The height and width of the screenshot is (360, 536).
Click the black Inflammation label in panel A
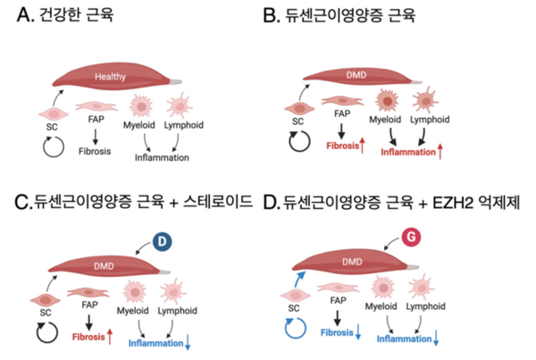click(162, 158)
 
